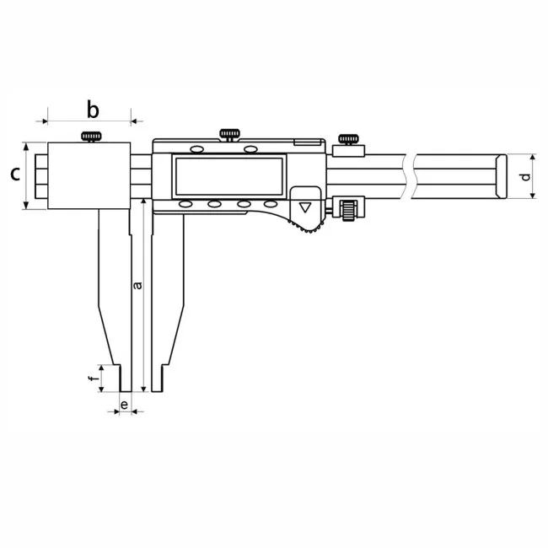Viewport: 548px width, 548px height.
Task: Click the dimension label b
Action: [x=93, y=110]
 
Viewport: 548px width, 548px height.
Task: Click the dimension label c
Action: [x=14, y=174]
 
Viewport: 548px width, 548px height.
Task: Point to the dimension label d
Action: [x=525, y=177]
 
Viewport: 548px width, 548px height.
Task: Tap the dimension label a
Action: [x=138, y=285]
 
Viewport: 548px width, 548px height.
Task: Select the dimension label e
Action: [x=124, y=405]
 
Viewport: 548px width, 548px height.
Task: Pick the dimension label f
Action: [x=92, y=379]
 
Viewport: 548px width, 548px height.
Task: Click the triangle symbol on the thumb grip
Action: [x=305, y=207]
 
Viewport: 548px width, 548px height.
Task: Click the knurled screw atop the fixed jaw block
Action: [x=92, y=137]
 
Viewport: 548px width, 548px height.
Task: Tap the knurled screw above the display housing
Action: [x=229, y=135]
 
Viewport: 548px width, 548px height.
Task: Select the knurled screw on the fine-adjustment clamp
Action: [x=348, y=139]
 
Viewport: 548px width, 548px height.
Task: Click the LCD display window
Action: [x=229, y=176]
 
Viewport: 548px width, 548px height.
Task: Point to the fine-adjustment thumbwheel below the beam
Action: [x=349, y=211]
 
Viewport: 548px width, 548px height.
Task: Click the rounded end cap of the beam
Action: [x=501, y=176]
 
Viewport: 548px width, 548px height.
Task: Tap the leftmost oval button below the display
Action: [x=185, y=204]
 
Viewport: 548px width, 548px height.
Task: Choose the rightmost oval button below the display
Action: [x=270, y=203]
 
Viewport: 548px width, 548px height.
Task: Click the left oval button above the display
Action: [x=196, y=149]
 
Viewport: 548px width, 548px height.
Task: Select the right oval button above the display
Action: [x=250, y=149]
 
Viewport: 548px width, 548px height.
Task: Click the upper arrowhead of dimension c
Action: [x=26, y=146]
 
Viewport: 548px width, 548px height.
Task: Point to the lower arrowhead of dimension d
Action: [x=533, y=195]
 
